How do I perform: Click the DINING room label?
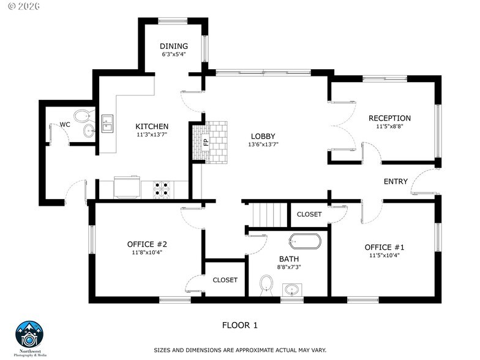173,46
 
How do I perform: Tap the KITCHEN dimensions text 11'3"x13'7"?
151,135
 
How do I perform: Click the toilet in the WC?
81,115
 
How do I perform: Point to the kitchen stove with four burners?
162,189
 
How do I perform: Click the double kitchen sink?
108,124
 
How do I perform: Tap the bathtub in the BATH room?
305,241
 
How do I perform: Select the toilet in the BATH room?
266,283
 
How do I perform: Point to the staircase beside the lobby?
269,214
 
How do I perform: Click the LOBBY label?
263,136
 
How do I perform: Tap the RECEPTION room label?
389,118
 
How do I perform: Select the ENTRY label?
396,181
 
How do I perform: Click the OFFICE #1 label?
384,247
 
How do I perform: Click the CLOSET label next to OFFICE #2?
225,280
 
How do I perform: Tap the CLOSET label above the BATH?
309,214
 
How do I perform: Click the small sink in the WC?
89,130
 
